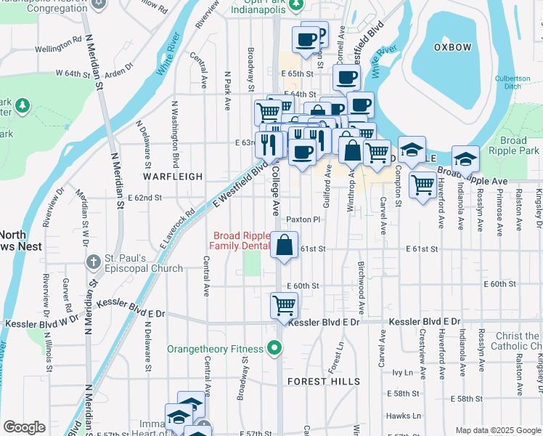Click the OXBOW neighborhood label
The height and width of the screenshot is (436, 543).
tap(452, 47)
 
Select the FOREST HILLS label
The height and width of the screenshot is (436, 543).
tap(323, 381)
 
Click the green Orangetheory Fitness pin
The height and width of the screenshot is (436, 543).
tap(274, 350)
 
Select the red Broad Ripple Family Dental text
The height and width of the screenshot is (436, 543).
tap(239, 241)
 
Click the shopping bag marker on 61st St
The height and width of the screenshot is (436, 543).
tap(285, 245)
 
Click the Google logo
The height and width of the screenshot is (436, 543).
tap(25, 427)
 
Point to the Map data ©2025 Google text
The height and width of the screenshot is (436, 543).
tap(497, 430)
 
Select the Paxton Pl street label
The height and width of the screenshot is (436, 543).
tap(302, 219)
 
